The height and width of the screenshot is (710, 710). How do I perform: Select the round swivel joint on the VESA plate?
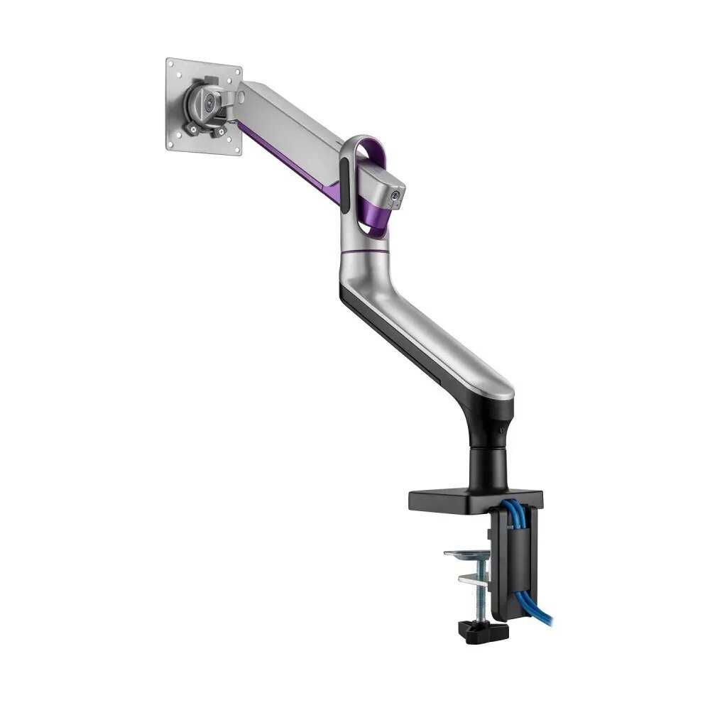[x=207, y=103]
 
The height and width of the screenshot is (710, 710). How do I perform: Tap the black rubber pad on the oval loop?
[x=344, y=186]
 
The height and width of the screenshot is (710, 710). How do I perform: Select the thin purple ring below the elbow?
[x=364, y=251]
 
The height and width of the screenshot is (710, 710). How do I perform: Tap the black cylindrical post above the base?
[x=490, y=465]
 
